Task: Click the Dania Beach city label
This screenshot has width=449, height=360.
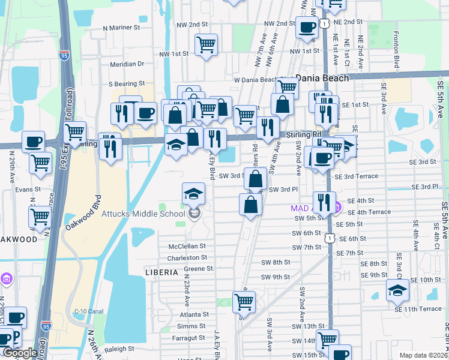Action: tap(323, 79)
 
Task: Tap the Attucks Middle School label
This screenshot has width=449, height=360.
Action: tap(152, 214)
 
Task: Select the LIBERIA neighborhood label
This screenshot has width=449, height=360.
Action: tap(161, 272)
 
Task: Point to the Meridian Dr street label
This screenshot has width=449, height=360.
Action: tap(127, 64)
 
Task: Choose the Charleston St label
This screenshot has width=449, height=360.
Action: tap(187, 257)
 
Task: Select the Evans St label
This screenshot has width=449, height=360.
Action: tap(28, 189)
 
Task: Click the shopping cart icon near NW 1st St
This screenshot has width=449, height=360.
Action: tap(206, 44)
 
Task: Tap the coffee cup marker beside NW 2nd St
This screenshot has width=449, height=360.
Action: tap(307, 27)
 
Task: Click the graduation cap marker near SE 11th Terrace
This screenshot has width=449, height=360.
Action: tap(397, 290)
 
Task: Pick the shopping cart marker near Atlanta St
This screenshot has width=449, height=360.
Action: tap(244, 302)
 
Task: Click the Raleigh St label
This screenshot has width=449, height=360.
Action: tap(119, 349)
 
